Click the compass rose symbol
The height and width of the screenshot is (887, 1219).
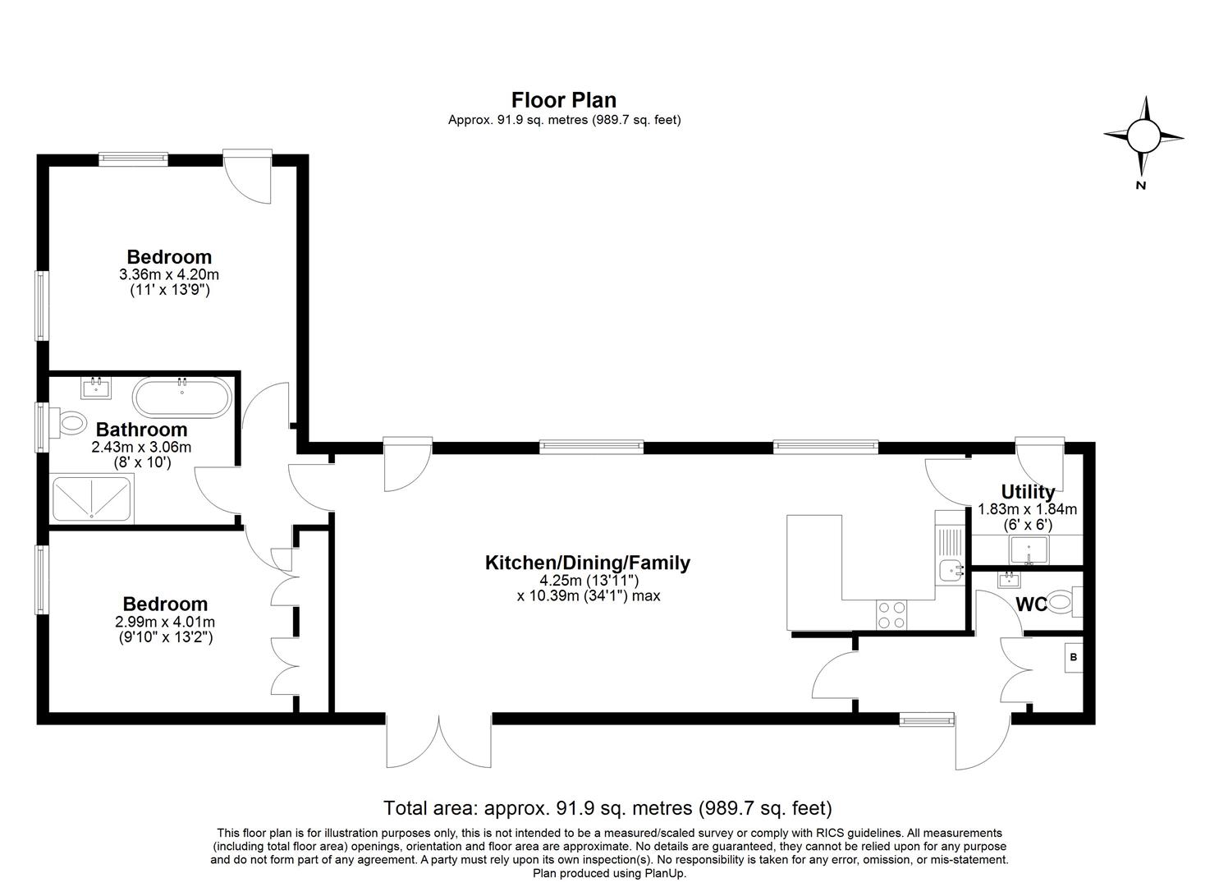point(1143,136)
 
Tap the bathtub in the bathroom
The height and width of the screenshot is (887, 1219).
point(182,397)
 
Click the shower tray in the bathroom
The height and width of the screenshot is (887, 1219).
point(91,499)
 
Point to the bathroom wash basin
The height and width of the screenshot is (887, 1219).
point(96,388)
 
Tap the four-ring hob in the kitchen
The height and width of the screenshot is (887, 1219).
point(892,615)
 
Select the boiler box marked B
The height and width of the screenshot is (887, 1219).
point(1074,657)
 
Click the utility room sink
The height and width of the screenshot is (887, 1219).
point(1029,550)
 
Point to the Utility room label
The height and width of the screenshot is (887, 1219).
point(1028,492)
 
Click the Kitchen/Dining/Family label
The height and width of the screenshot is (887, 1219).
point(587,563)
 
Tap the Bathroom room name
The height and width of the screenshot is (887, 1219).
point(141,430)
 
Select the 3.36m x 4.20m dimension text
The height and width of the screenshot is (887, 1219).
point(169,273)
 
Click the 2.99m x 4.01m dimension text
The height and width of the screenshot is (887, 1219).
point(165,621)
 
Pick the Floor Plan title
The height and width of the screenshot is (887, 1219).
point(564,100)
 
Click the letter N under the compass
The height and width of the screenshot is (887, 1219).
point(1141,186)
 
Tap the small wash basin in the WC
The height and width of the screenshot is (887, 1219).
point(1009,579)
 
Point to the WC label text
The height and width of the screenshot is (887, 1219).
point(1031,604)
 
